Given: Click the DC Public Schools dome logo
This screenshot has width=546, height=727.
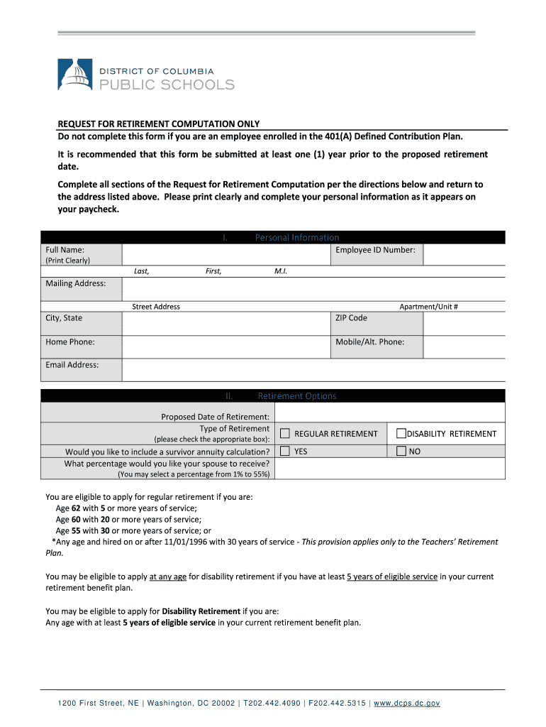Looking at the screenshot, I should tap(74, 75).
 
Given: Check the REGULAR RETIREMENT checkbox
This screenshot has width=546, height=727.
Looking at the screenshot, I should tap(285, 434).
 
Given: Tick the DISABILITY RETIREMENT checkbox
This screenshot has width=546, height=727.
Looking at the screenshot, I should tap(401, 434).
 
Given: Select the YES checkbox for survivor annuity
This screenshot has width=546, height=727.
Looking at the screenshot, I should tap(285, 452).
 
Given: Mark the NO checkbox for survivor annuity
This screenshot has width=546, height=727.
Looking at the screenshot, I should tap(401, 452).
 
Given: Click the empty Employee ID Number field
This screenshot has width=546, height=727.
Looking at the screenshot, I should tap(464, 255).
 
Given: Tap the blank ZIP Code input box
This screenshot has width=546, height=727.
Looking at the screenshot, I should tap(464, 324).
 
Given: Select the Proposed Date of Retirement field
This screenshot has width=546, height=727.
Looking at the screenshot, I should tap(389, 413).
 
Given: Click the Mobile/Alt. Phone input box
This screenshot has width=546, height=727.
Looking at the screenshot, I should tap(464, 346).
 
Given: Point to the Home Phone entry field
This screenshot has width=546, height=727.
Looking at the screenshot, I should tap(226, 346).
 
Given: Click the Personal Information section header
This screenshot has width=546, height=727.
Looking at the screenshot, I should tap(296, 238).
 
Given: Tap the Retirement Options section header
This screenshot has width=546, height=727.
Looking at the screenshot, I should tap(296, 396).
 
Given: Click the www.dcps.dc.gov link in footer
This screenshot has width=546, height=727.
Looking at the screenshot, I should tap(407, 703).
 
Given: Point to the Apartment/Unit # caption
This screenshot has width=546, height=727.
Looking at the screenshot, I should tap(428, 307).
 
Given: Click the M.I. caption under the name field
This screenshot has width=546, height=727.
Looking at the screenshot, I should tap(280, 271).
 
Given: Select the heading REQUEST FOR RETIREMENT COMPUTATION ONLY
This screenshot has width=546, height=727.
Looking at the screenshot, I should tap(158, 124).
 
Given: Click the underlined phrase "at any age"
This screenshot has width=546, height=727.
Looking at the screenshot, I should tap(168, 577).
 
